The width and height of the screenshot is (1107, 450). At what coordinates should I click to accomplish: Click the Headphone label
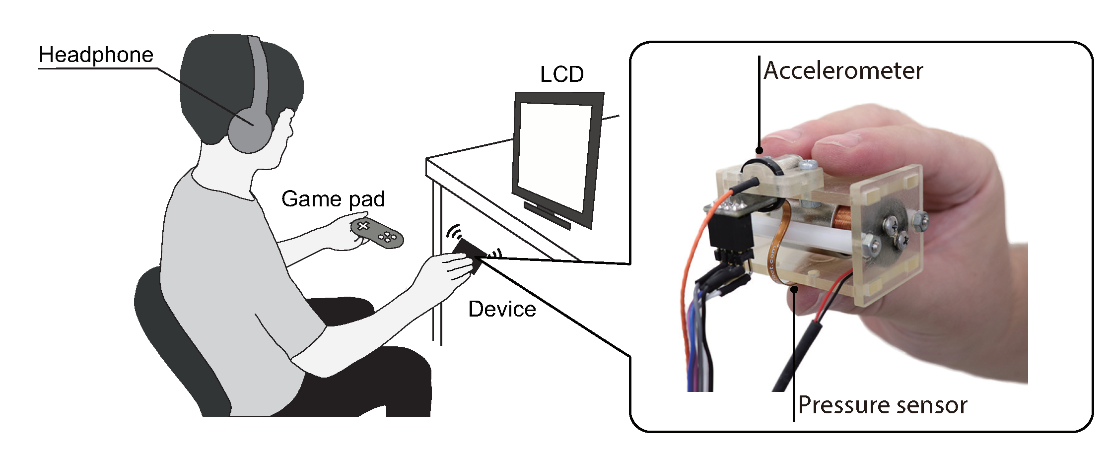[96, 55]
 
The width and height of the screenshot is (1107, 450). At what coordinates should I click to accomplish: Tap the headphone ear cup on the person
[249, 131]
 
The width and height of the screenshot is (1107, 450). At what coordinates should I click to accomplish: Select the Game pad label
[333, 199]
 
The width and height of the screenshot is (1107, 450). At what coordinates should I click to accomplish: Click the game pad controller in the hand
[377, 233]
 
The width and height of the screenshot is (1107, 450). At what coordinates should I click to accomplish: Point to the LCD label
[561, 74]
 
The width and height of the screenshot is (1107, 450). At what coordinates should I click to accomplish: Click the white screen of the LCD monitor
[553, 154]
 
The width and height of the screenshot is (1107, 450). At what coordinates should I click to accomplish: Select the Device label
[502, 309]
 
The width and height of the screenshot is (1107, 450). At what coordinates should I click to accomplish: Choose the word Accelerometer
[843, 70]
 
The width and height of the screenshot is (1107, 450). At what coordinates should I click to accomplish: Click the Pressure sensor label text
[882, 405]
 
